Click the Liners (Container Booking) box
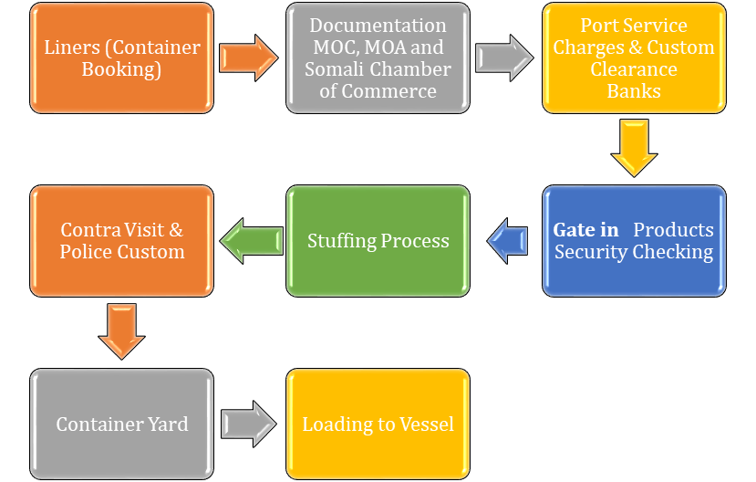pyautogui.click(x=121, y=58)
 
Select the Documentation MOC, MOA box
pyautogui.click(x=378, y=58)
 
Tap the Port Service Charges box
pyautogui.click(x=634, y=58)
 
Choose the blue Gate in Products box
pyautogui.click(x=634, y=241)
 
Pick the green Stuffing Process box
pyautogui.click(x=378, y=241)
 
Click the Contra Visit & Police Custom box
pyautogui.click(x=121, y=241)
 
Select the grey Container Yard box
pyautogui.click(x=121, y=424)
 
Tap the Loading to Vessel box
pyautogui.click(x=378, y=424)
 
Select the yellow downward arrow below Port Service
pyautogui.click(x=634, y=149)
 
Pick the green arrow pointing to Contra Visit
pyautogui.click(x=250, y=241)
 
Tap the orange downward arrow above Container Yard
pyautogui.click(x=121, y=332)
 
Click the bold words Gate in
pyautogui.click(x=585, y=230)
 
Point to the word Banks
pyautogui.click(x=634, y=91)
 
